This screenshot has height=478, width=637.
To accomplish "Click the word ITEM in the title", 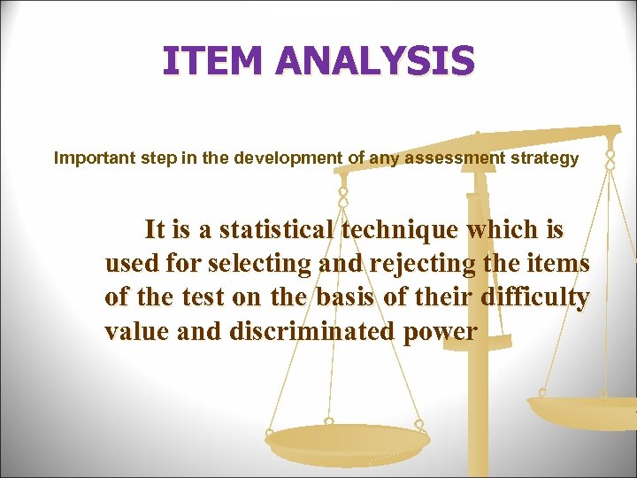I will [x=212, y=61].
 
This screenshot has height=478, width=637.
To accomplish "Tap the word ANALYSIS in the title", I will [x=375, y=61].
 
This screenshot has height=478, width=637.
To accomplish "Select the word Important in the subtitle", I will [x=91, y=158].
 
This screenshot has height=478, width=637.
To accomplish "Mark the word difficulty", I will [x=534, y=297].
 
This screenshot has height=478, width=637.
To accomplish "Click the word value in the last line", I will [x=137, y=331].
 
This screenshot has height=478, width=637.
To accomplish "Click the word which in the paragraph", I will [x=487, y=229].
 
